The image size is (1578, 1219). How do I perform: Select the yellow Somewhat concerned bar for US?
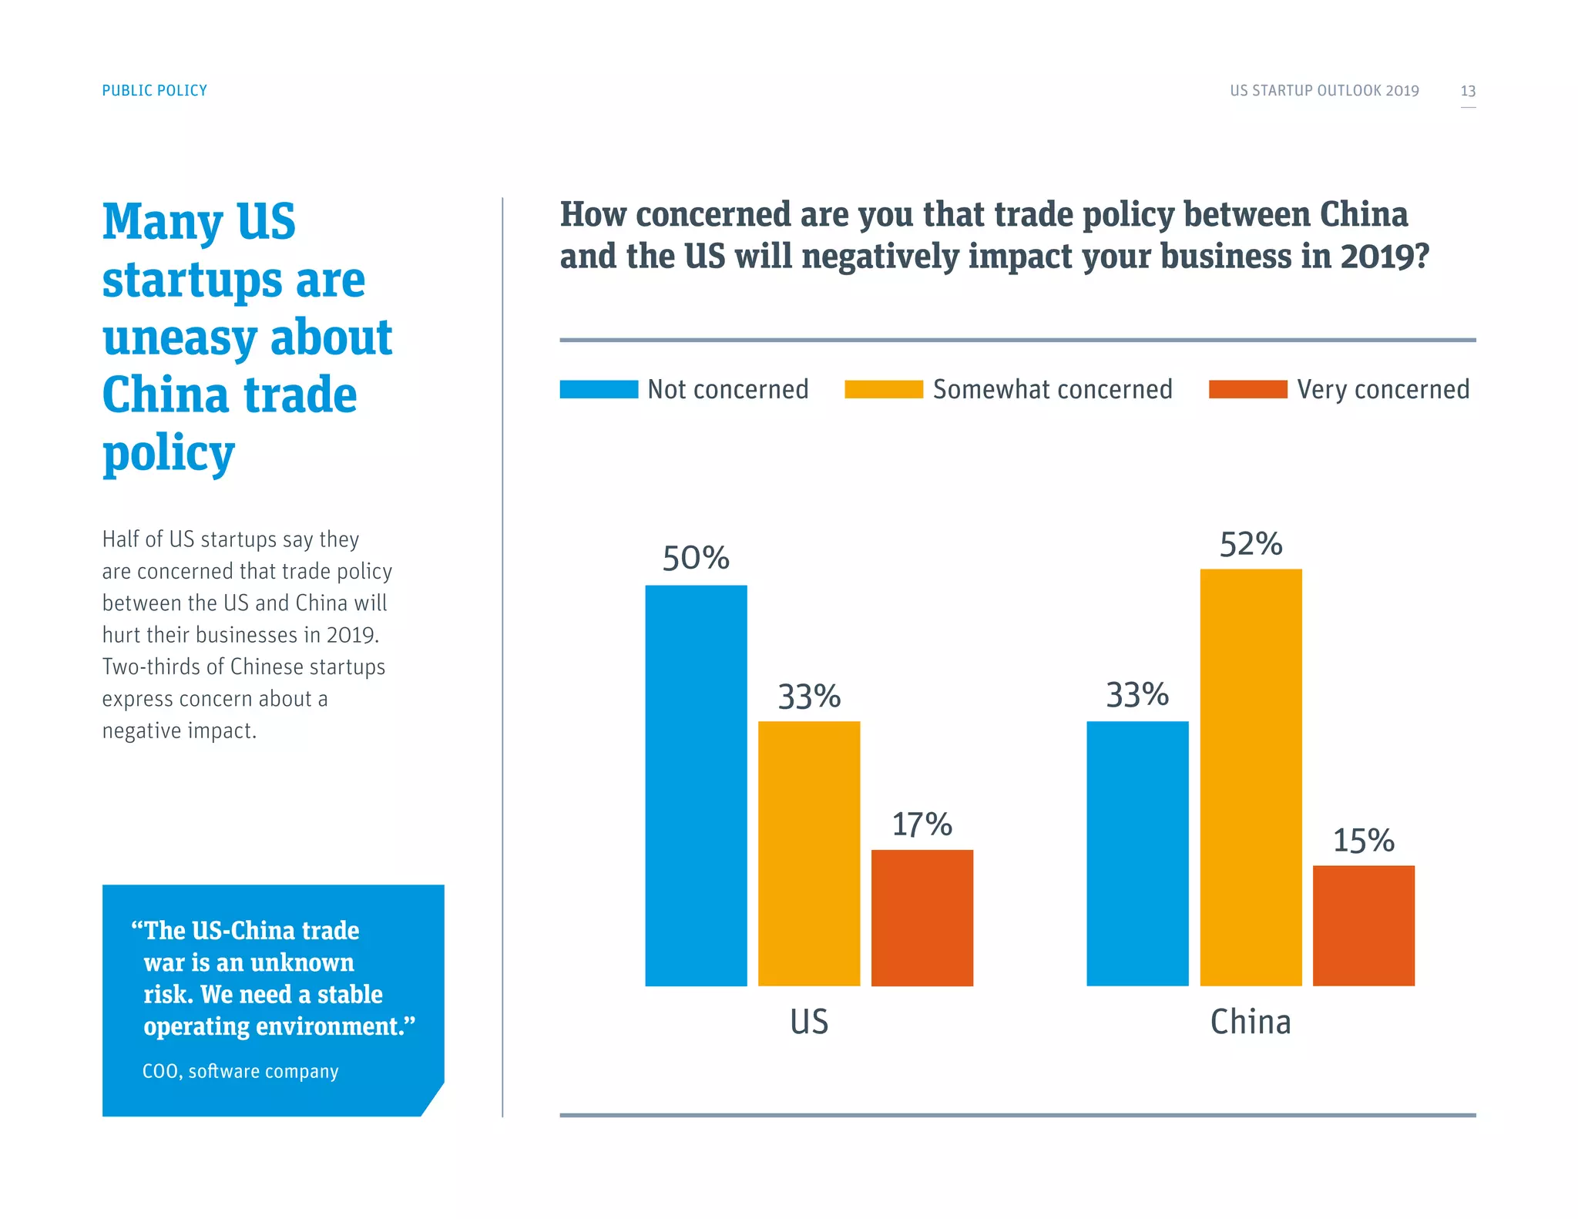coord(809,853)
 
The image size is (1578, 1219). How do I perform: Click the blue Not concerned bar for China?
coord(1137,853)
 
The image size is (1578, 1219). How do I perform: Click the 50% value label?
coord(696,558)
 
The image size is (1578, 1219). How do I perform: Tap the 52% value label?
coord(1251,544)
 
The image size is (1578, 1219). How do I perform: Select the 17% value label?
coord(922,824)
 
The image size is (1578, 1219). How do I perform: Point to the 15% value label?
coord(1363,841)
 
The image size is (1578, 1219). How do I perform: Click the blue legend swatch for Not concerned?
coord(599,389)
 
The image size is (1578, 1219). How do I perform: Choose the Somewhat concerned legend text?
coord(1053,389)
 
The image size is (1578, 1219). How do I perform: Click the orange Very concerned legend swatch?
coord(1247,389)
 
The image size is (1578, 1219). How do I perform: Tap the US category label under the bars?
coord(809,1022)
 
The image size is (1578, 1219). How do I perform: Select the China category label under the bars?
coord(1251,1022)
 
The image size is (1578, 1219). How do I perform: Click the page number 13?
coord(1468,91)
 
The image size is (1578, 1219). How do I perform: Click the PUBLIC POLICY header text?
coord(155,91)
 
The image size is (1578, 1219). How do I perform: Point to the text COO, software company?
coord(240,1071)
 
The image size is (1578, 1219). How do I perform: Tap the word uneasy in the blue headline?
coord(180,338)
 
